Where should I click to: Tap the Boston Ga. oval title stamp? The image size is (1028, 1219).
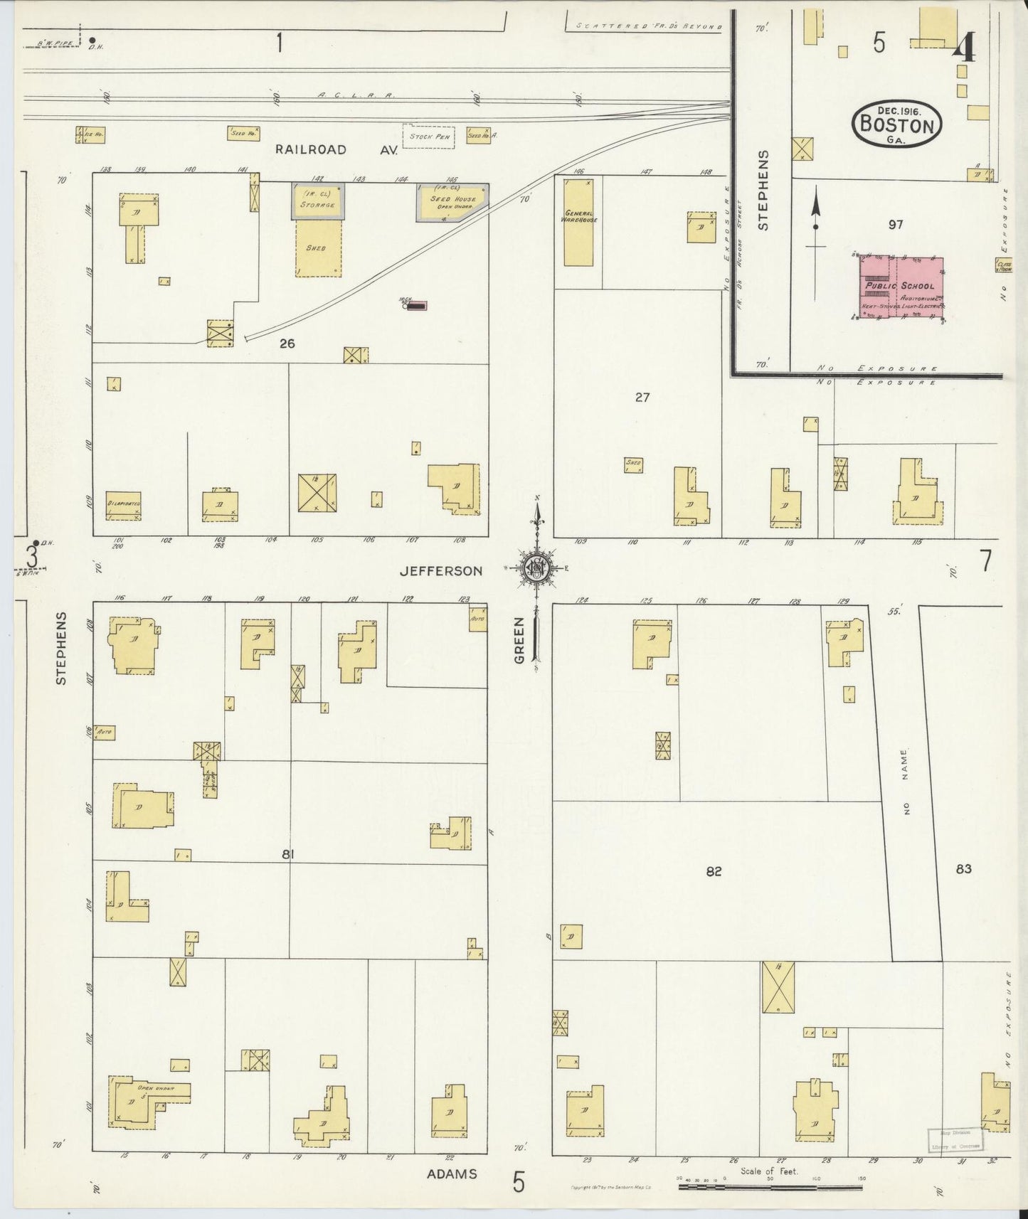[x=896, y=124]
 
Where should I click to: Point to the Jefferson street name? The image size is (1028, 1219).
[x=441, y=570]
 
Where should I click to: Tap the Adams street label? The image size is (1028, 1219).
[x=452, y=1173]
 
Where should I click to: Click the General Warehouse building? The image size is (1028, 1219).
[x=579, y=223]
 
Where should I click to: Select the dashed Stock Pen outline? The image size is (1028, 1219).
[x=428, y=137]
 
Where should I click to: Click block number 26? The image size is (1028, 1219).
[x=287, y=344]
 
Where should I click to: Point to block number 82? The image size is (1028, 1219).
[x=714, y=871]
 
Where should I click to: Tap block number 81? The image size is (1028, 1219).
[x=287, y=854]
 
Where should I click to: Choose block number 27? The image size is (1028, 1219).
[x=642, y=398]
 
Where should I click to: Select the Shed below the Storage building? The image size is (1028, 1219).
[x=317, y=248]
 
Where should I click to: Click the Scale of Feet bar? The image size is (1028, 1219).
[x=770, y=1187]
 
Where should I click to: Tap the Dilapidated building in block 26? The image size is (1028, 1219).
[x=124, y=505]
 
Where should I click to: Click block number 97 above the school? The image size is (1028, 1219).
[x=895, y=225]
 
